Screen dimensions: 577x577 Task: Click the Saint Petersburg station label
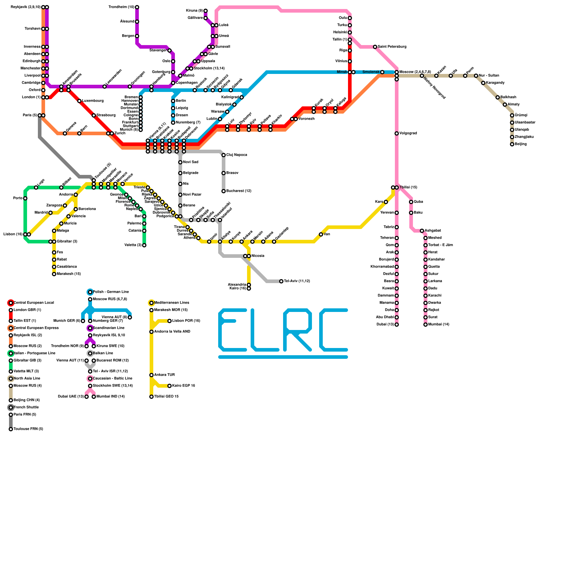tap(392, 47)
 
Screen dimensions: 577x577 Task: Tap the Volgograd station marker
tap(397, 133)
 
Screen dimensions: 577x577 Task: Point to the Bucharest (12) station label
tap(239, 191)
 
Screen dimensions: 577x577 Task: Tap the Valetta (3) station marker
tap(144, 245)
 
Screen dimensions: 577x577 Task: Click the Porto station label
tap(18, 198)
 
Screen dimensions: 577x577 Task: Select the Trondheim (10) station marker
tap(137, 7)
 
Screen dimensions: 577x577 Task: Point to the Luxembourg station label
tap(93, 101)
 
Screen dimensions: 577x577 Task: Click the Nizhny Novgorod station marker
tap(422, 76)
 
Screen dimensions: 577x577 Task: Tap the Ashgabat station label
tap(433, 231)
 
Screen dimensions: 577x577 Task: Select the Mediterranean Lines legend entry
tap(172, 303)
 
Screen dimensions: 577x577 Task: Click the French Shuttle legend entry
tap(26, 408)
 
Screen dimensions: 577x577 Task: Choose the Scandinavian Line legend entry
tap(109, 328)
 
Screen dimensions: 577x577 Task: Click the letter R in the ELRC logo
tap(298, 330)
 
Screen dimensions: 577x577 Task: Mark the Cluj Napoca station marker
tap(224, 155)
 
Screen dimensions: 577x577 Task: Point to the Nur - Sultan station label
tap(489, 76)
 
